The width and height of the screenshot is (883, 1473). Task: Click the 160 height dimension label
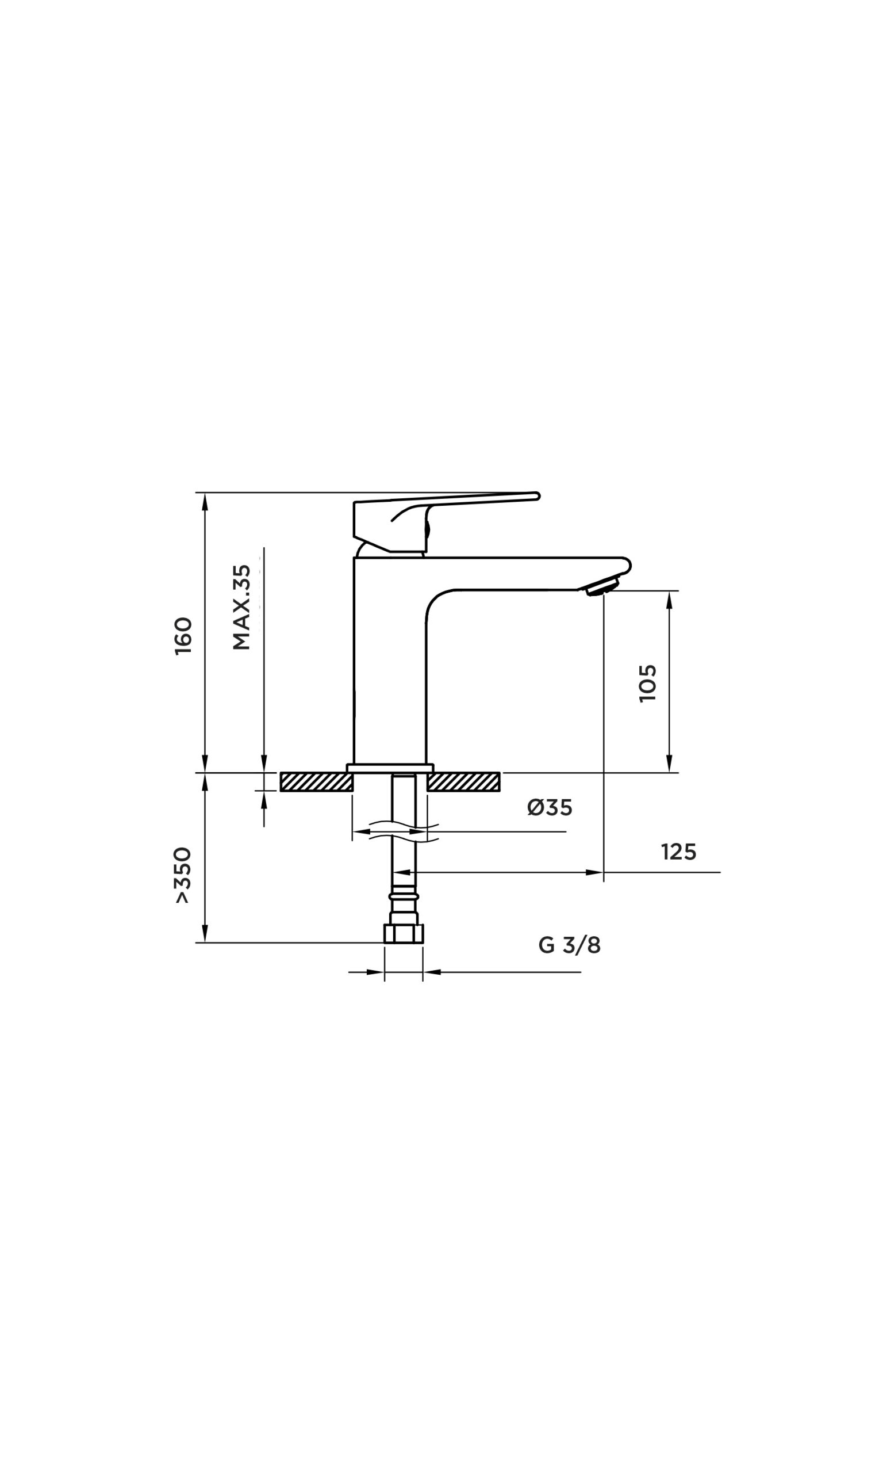click(x=184, y=636)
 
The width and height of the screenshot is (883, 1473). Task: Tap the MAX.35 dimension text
click(x=241, y=606)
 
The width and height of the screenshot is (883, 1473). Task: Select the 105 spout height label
click(x=647, y=683)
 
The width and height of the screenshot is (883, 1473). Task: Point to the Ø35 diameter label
click(x=549, y=808)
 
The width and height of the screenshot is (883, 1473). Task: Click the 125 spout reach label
click(x=678, y=853)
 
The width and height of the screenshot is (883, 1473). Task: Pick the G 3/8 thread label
click(x=570, y=945)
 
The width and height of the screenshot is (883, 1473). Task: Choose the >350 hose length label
click(x=183, y=875)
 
